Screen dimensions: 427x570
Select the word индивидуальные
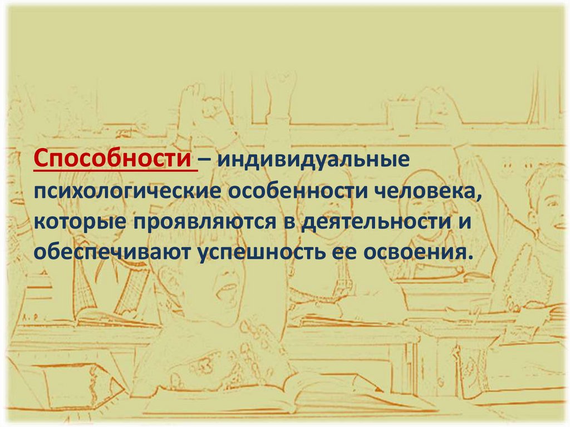pyautogui.click(x=313, y=160)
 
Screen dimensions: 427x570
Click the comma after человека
pyautogui.click(x=479, y=197)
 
